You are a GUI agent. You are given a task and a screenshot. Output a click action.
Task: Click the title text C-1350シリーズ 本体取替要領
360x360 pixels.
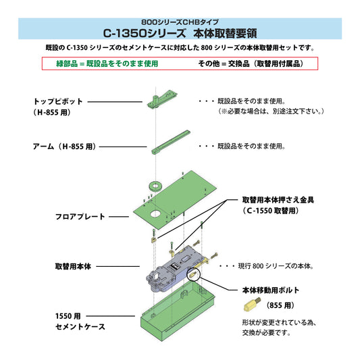[180, 32]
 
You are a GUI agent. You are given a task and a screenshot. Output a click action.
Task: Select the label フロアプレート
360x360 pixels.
[80, 216]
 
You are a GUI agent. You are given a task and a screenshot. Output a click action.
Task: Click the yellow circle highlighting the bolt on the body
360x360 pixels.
[193, 274]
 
